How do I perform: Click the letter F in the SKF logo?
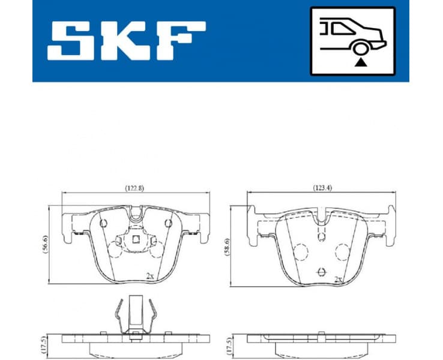click(x=181, y=41)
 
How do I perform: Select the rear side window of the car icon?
click(x=343, y=28)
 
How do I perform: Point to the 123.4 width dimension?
click(x=323, y=188)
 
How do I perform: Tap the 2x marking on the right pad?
click(x=339, y=280)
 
